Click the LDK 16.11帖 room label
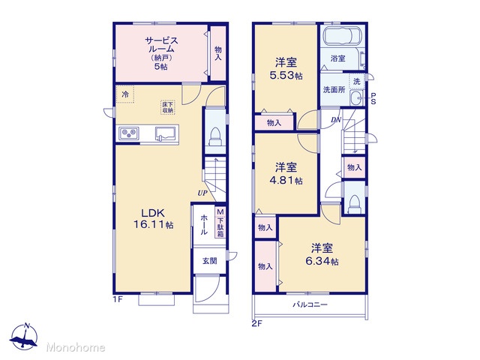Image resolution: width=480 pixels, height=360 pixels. click(153, 218)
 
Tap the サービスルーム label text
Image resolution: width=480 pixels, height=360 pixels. click(161, 45)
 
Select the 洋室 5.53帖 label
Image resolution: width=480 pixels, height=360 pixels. click(286, 69)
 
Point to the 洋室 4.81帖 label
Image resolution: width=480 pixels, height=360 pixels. click(286, 174)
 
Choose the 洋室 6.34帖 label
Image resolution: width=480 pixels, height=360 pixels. click(322, 254)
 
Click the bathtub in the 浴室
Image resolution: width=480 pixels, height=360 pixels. click(343, 37)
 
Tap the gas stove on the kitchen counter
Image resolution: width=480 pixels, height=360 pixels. click(129, 133)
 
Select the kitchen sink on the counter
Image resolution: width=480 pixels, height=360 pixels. click(166, 133)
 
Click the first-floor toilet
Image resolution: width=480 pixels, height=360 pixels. click(215, 136)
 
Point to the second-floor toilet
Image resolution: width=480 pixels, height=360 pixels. click(355, 204)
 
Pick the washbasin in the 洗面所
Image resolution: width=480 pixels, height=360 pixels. click(356, 98)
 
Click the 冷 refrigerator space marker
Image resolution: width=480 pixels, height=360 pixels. click(125, 94)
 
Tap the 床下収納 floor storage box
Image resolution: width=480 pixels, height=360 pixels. click(168, 107)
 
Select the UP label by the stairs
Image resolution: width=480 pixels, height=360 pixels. click(202, 193)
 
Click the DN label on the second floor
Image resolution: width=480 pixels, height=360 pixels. click(336, 120)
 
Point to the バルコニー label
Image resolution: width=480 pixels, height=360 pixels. click(310, 304)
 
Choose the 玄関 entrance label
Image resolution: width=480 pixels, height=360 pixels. click(210, 261)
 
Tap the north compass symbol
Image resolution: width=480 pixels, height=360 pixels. click(24, 336)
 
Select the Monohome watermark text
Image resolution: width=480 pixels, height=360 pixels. click(76, 347)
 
